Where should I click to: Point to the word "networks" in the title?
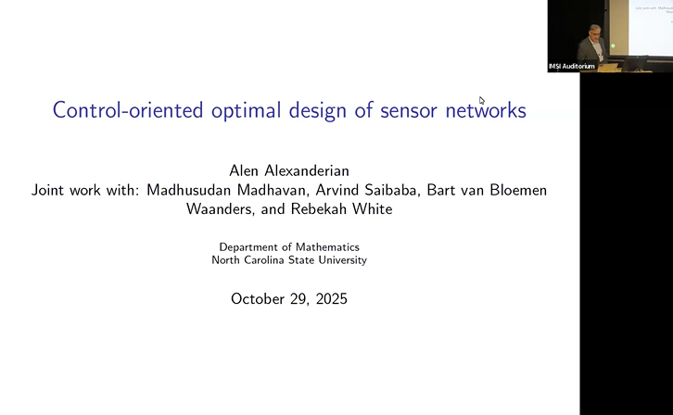click(x=485, y=110)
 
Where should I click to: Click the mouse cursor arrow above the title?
click(x=481, y=100)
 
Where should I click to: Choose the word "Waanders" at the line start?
click(x=221, y=209)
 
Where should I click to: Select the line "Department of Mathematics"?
click(x=288, y=247)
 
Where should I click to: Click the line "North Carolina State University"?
click(x=288, y=260)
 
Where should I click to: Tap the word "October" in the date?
click(x=259, y=299)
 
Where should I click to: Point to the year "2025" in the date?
click(x=329, y=299)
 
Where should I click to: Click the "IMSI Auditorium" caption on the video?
click(x=572, y=67)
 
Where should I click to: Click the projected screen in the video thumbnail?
click(x=652, y=23)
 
